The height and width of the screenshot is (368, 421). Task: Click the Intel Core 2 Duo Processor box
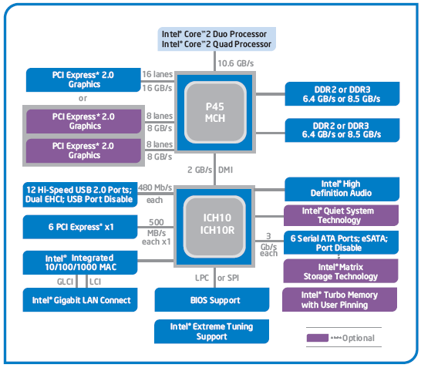(214, 39)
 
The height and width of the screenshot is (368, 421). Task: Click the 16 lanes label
(157, 73)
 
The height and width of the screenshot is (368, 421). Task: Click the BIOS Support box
(214, 299)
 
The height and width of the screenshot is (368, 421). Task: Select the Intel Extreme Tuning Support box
(210, 331)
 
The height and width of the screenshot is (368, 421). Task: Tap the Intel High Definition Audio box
(341, 189)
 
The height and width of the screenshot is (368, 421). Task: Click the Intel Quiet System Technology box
(341, 215)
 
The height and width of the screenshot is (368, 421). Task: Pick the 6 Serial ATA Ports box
(341, 243)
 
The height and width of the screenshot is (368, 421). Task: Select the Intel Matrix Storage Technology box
(341, 271)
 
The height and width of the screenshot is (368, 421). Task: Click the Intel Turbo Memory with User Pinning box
(339, 299)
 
